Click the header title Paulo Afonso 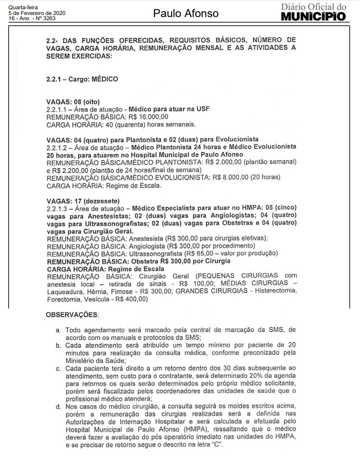(186, 13)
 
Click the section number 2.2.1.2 (58, 147)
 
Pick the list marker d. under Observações (58, 408)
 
